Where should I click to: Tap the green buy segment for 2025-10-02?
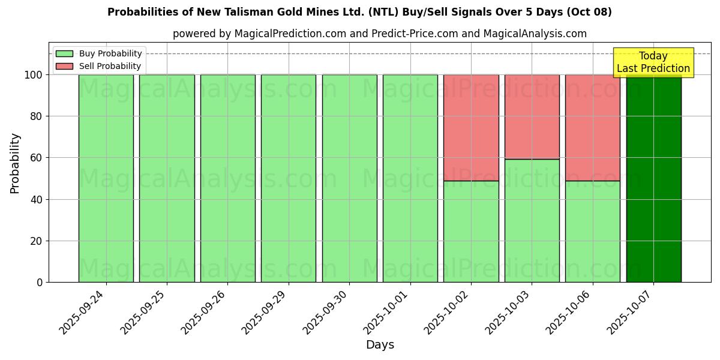pos(471,231)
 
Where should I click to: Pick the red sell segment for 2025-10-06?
pos(592,127)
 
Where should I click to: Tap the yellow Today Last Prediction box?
pos(653,62)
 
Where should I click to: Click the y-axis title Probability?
pos(15,163)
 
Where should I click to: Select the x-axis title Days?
pos(380,345)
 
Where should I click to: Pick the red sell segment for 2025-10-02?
pos(471,127)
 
